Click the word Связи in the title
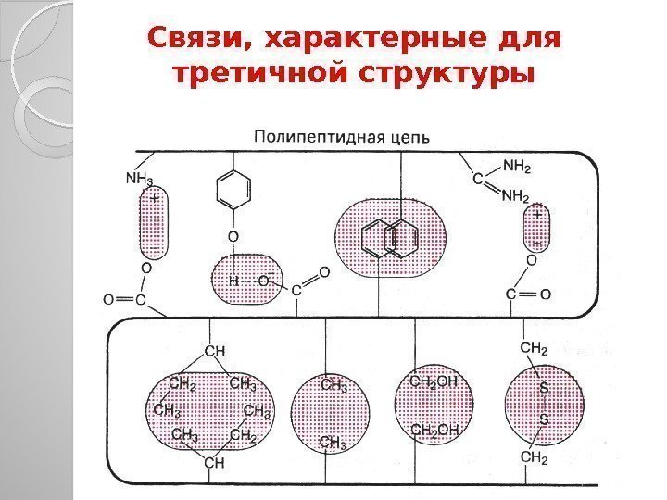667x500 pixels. click(198, 40)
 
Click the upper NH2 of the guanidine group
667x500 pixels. click(517, 168)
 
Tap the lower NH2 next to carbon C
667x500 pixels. click(515, 196)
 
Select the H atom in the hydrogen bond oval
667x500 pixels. click(233, 279)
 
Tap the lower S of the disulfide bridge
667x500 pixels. click(544, 419)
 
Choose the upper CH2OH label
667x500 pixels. click(434, 381)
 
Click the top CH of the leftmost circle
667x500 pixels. click(214, 351)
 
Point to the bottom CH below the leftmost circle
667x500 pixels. click(214, 461)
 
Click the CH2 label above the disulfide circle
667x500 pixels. click(534, 348)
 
